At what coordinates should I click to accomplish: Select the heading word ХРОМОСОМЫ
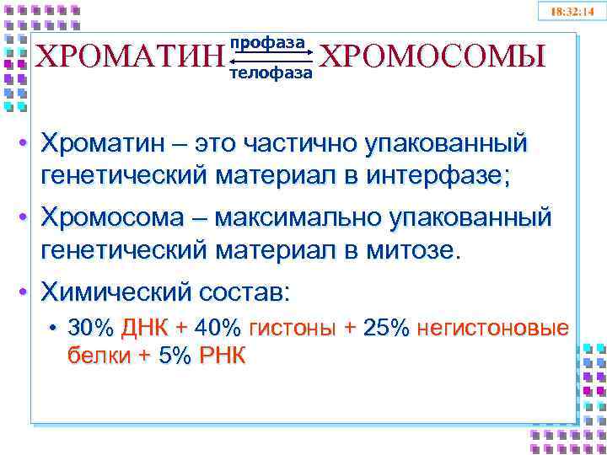[432, 56]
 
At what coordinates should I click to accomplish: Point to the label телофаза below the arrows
[270, 73]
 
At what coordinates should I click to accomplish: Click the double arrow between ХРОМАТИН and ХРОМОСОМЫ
[270, 58]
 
